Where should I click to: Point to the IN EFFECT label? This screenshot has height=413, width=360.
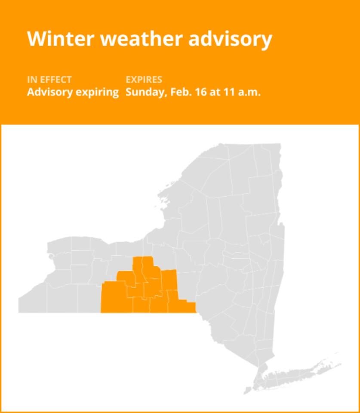(x=49, y=80)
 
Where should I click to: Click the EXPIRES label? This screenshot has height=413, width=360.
(x=144, y=80)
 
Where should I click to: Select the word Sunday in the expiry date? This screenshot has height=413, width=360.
(x=144, y=92)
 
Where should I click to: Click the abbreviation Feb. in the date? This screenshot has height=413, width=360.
(x=178, y=92)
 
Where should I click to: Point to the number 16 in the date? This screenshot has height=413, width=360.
(x=199, y=92)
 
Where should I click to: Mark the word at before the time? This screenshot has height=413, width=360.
(x=214, y=92)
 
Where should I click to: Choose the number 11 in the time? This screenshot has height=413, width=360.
(x=228, y=92)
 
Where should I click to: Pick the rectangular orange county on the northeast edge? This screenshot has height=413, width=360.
(x=169, y=280)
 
